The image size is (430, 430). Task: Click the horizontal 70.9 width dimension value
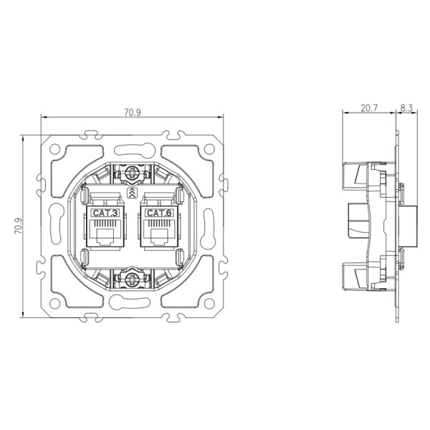coord(131,111)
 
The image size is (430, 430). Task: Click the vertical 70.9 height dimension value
coord(18,226)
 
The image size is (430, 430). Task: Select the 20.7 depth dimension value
coord(368,108)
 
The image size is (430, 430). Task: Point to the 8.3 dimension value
coord(406,108)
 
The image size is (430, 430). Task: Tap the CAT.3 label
coord(105,214)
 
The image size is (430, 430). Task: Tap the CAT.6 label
coord(158,214)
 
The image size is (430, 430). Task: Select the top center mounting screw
coord(132,173)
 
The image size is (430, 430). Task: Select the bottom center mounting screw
coord(132,278)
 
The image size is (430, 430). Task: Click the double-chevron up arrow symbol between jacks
coord(132,194)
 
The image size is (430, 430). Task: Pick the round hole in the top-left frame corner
coord(54,149)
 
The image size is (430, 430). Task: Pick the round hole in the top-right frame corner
coord(209,149)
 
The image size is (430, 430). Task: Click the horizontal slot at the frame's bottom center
coord(132,305)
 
